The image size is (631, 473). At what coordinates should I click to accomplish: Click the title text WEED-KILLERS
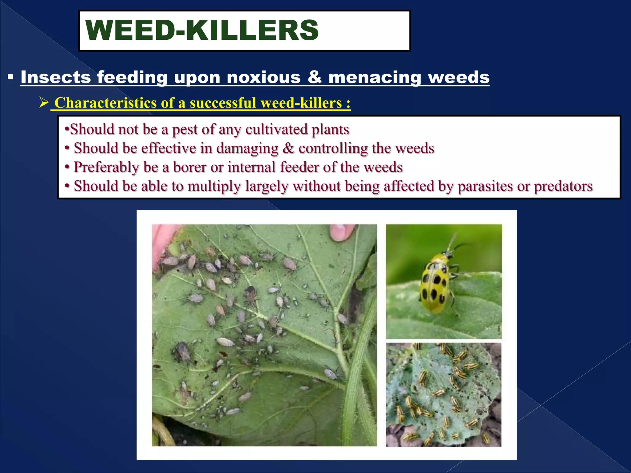(202, 30)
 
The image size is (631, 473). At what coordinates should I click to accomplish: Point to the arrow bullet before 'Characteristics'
(44, 102)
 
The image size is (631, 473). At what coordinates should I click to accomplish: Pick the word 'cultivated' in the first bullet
(276, 129)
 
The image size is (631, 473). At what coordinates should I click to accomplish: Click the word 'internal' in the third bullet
(251, 167)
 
